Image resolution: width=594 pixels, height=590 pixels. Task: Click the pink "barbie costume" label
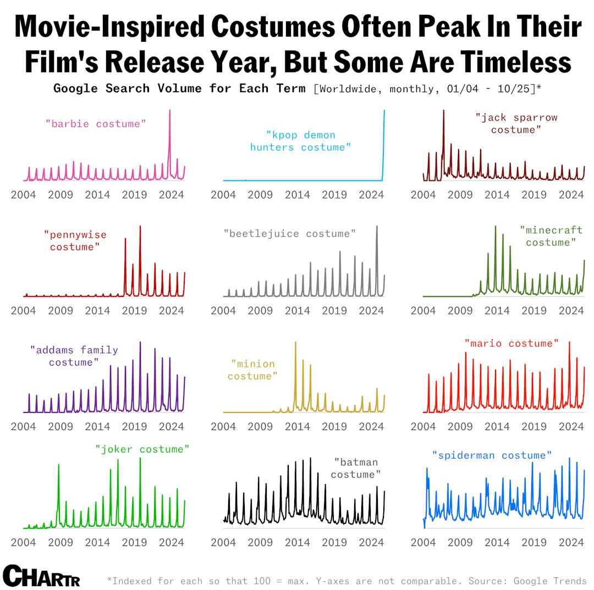coord(96,124)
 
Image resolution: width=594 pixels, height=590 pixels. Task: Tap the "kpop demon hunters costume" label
coord(300,141)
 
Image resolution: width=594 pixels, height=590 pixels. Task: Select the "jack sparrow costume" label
coord(516,123)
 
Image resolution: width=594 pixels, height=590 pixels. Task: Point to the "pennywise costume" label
coord(75,241)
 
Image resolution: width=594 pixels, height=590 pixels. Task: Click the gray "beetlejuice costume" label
coord(289,234)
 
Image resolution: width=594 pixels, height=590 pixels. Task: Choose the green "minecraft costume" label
coord(551,236)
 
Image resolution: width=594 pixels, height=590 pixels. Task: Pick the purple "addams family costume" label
coord(74,356)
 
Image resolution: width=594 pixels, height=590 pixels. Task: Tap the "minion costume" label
coord(252,370)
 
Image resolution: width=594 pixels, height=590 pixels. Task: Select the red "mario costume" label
coord(512,343)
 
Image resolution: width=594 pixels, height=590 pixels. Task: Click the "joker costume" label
coord(142,449)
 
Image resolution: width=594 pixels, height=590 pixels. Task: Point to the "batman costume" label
coord(356,468)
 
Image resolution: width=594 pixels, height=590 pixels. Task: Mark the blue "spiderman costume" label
coord(492,455)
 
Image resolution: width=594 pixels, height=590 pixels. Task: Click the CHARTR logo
coord(41,575)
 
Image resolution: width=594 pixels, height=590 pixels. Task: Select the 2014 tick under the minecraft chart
coord(497,311)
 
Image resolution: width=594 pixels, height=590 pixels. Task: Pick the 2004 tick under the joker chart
coord(23,542)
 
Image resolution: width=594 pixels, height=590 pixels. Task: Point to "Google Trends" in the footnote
coord(550,581)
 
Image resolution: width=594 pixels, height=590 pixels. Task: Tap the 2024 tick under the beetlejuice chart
coord(371,311)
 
